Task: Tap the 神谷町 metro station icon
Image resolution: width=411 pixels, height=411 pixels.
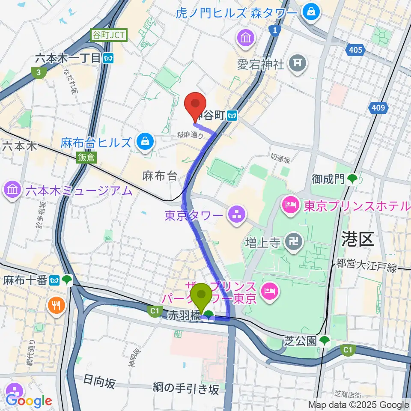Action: tap(233, 115)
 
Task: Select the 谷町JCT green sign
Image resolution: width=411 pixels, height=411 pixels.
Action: tap(109, 36)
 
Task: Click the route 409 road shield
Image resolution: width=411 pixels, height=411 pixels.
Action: tap(378, 108)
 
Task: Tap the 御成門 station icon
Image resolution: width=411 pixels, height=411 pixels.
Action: tap(352, 179)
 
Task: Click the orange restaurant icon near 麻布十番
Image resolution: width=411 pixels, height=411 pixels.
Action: tap(57, 305)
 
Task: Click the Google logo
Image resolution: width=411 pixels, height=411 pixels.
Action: tap(28, 401)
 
